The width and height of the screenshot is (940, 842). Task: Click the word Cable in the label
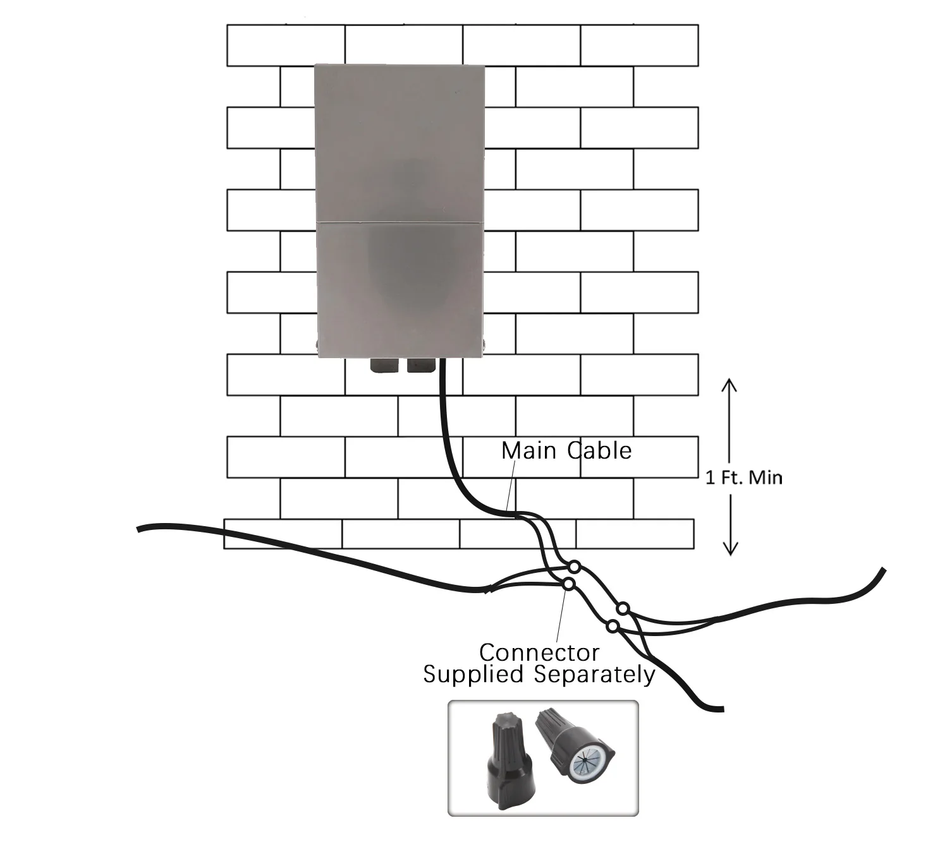click(x=599, y=450)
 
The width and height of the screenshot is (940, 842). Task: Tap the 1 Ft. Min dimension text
click(x=743, y=478)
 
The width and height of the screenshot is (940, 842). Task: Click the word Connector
click(x=539, y=652)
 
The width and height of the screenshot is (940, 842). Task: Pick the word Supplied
click(x=473, y=674)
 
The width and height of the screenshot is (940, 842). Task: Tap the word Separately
click(x=595, y=675)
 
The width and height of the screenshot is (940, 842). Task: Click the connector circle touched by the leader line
click(x=568, y=584)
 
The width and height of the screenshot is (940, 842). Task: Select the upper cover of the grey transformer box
click(x=400, y=142)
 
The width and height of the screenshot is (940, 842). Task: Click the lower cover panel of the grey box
click(x=400, y=287)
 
